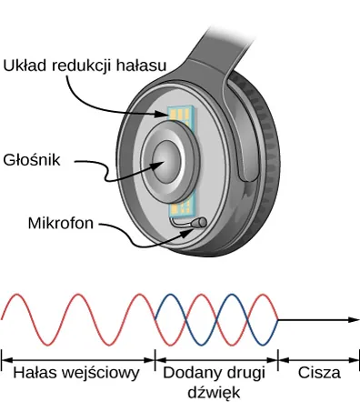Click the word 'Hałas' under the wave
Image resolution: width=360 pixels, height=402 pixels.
(32, 373)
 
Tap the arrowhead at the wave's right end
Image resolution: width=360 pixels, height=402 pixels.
(352, 320)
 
